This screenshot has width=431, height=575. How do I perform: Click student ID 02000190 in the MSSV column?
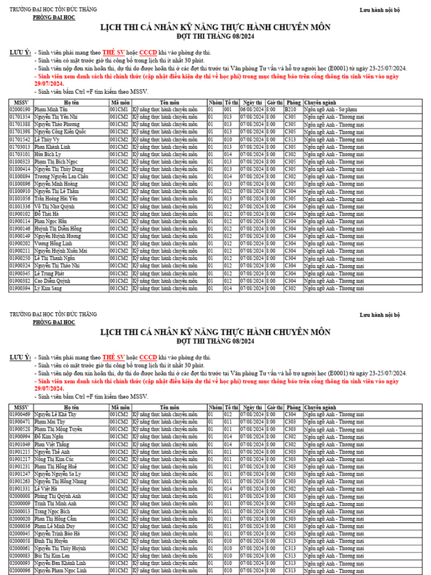[x=20, y=110]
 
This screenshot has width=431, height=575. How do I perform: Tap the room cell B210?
[x=290, y=110]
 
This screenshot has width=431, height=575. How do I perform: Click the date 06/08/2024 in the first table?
[x=251, y=110]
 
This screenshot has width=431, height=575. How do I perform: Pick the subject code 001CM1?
[x=120, y=110]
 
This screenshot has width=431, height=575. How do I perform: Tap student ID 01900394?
[x=20, y=288]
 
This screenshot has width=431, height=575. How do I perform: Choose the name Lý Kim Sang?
[x=48, y=288]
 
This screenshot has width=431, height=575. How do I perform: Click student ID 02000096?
[x=20, y=571]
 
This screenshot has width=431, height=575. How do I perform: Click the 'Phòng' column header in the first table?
[x=293, y=103]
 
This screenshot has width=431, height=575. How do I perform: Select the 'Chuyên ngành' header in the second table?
[x=320, y=407]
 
